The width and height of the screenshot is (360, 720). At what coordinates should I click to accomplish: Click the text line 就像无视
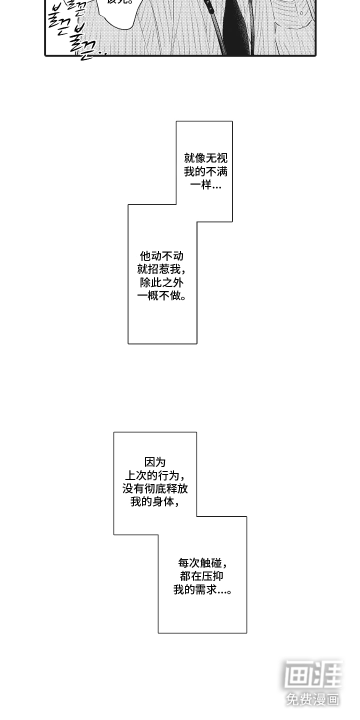(x=205, y=158)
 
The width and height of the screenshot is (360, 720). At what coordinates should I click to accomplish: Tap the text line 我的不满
(x=205, y=172)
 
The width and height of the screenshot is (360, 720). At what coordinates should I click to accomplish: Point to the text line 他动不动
(x=162, y=256)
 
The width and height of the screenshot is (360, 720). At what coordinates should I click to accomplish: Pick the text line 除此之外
(x=162, y=283)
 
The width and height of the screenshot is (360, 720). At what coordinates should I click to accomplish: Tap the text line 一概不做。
(x=162, y=296)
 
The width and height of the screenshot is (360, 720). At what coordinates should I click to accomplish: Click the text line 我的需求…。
(x=202, y=589)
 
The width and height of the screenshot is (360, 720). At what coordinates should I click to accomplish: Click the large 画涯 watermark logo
(x=313, y=675)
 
